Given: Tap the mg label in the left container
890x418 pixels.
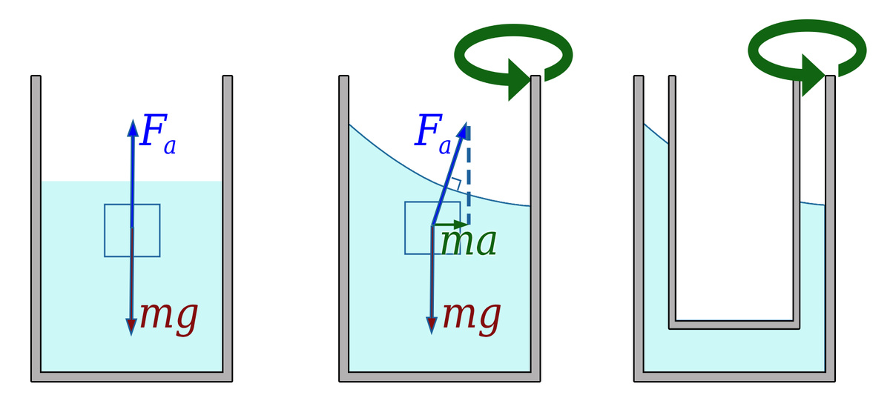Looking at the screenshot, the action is pos(170,316).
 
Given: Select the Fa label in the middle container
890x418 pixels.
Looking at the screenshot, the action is pos(432,133).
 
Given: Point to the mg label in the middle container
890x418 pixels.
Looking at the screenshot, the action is pos(472,316).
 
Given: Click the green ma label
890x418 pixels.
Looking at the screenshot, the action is pos(468,242).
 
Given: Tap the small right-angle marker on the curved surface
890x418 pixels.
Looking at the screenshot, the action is pos(456,183).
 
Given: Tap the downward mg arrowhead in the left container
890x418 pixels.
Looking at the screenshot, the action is pos(131,326).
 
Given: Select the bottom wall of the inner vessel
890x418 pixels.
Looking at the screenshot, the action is pos(734,324).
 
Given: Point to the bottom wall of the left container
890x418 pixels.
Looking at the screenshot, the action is pos(132,376).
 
